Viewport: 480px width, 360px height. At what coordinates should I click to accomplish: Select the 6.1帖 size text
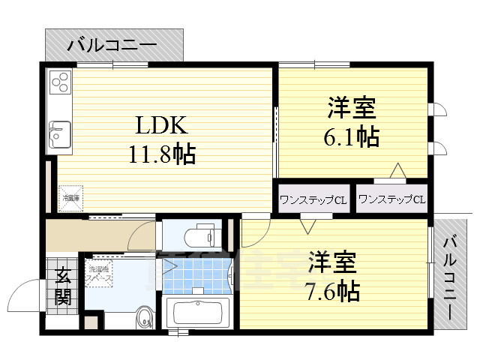[352, 137]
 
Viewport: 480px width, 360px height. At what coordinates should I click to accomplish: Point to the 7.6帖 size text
[331, 290]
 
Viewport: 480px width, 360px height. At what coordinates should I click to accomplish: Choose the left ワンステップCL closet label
[313, 199]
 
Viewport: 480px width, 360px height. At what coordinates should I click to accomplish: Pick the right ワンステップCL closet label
[391, 199]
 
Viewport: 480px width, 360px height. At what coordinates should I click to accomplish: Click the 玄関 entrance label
[62, 286]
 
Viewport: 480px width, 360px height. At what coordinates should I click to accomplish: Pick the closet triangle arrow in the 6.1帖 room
[397, 171]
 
